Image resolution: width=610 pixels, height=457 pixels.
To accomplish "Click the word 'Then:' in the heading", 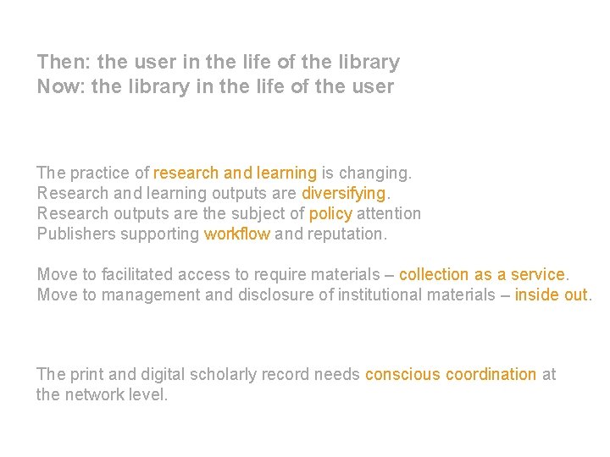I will (x=64, y=62).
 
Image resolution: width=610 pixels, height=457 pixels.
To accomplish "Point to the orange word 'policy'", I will (x=330, y=213).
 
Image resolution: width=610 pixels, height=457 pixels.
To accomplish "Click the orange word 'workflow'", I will (x=237, y=234).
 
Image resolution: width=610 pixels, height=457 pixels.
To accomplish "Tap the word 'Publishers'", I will (x=75, y=234).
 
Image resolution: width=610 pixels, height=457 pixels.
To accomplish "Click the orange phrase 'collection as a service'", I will (x=481, y=274).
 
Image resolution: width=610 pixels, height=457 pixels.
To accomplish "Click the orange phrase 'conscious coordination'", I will (x=450, y=374).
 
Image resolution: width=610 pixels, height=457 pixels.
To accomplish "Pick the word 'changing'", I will (x=377, y=173).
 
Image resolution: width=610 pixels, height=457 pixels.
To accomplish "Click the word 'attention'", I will (x=389, y=213).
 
